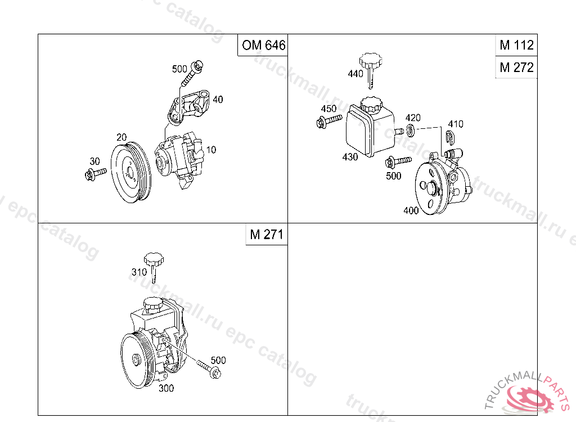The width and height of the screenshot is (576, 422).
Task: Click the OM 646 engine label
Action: [x=263, y=45]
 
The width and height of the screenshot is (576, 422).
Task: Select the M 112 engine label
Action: [x=516, y=45]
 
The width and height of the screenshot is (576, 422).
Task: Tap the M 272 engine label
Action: [x=516, y=68]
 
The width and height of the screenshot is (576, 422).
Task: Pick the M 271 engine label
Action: [x=266, y=234]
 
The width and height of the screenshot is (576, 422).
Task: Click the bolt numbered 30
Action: [x=95, y=173]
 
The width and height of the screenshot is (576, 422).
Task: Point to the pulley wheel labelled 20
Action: [x=130, y=172]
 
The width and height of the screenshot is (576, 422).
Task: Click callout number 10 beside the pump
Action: [x=211, y=150]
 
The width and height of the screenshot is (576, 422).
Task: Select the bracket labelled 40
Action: [x=188, y=106]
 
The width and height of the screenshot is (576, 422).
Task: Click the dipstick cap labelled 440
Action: [x=370, y=70]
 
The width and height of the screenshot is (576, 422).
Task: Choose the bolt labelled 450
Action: [x=328, y=120]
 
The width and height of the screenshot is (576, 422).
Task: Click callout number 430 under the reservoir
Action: [x=350, y=157]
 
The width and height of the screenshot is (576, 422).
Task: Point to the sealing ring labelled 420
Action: [x=411, y=130]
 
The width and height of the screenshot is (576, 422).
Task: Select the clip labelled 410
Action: [x=450, y=137]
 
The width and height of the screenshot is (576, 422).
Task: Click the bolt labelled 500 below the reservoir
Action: [x=398, y=161]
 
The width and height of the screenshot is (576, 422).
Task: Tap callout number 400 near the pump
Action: [x=411, y=210]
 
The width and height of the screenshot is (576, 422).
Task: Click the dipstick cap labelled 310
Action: [x=154, y=267]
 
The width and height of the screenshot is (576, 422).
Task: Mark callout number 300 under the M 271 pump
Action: [x=166, y=388]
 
